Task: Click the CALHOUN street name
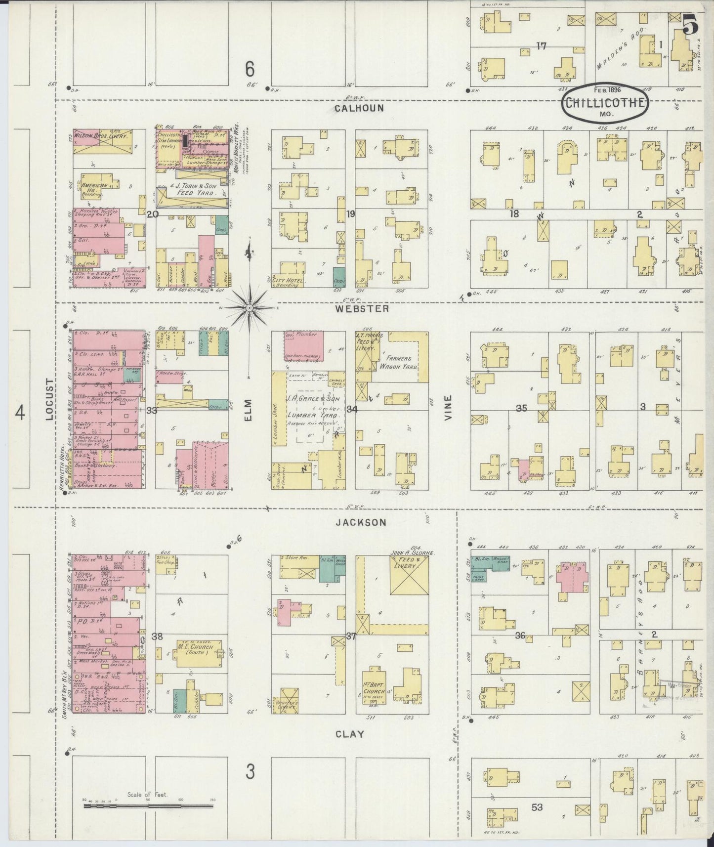(359, 108)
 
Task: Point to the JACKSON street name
(364, 522)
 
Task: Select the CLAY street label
(350, 734)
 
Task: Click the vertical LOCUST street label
(49, 400)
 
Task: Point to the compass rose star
(250, 307)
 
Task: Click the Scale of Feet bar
(148, 806)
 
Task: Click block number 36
(520, 635)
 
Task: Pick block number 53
(537, 807)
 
